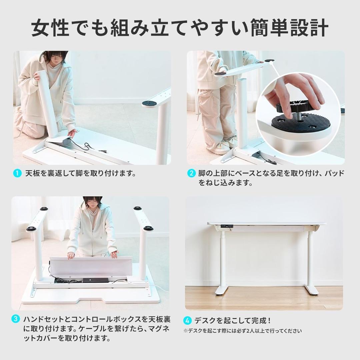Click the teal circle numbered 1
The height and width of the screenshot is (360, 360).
pyautogui.click(x=17, y=173)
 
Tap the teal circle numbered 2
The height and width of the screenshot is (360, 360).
pyautogui.click(x=191, y=173)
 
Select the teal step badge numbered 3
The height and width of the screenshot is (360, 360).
pyautogui.click(x=16, y=319)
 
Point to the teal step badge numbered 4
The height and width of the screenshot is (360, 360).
pyautogui.click(x=188, y=321)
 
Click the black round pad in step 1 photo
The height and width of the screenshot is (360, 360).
pyautogui.click(x=150, y=103)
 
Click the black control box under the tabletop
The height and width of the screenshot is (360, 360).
pyautogui.click(x=95, y=280)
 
